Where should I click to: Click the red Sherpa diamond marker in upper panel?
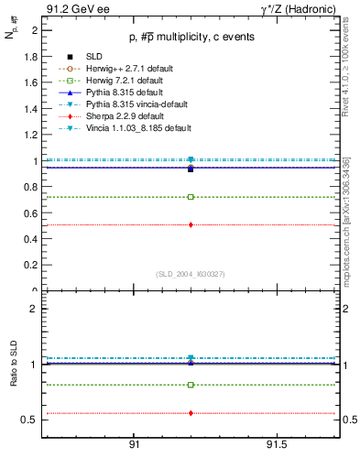point(191,224)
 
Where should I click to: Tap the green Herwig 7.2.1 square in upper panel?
point(191,197)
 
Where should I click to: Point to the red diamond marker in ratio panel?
point(191,413)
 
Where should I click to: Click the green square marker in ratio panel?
point(191,385)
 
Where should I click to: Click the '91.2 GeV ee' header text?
point(71,8)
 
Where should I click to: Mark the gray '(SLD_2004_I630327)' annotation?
point(191,274)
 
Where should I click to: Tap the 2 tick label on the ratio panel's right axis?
point(349,309)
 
